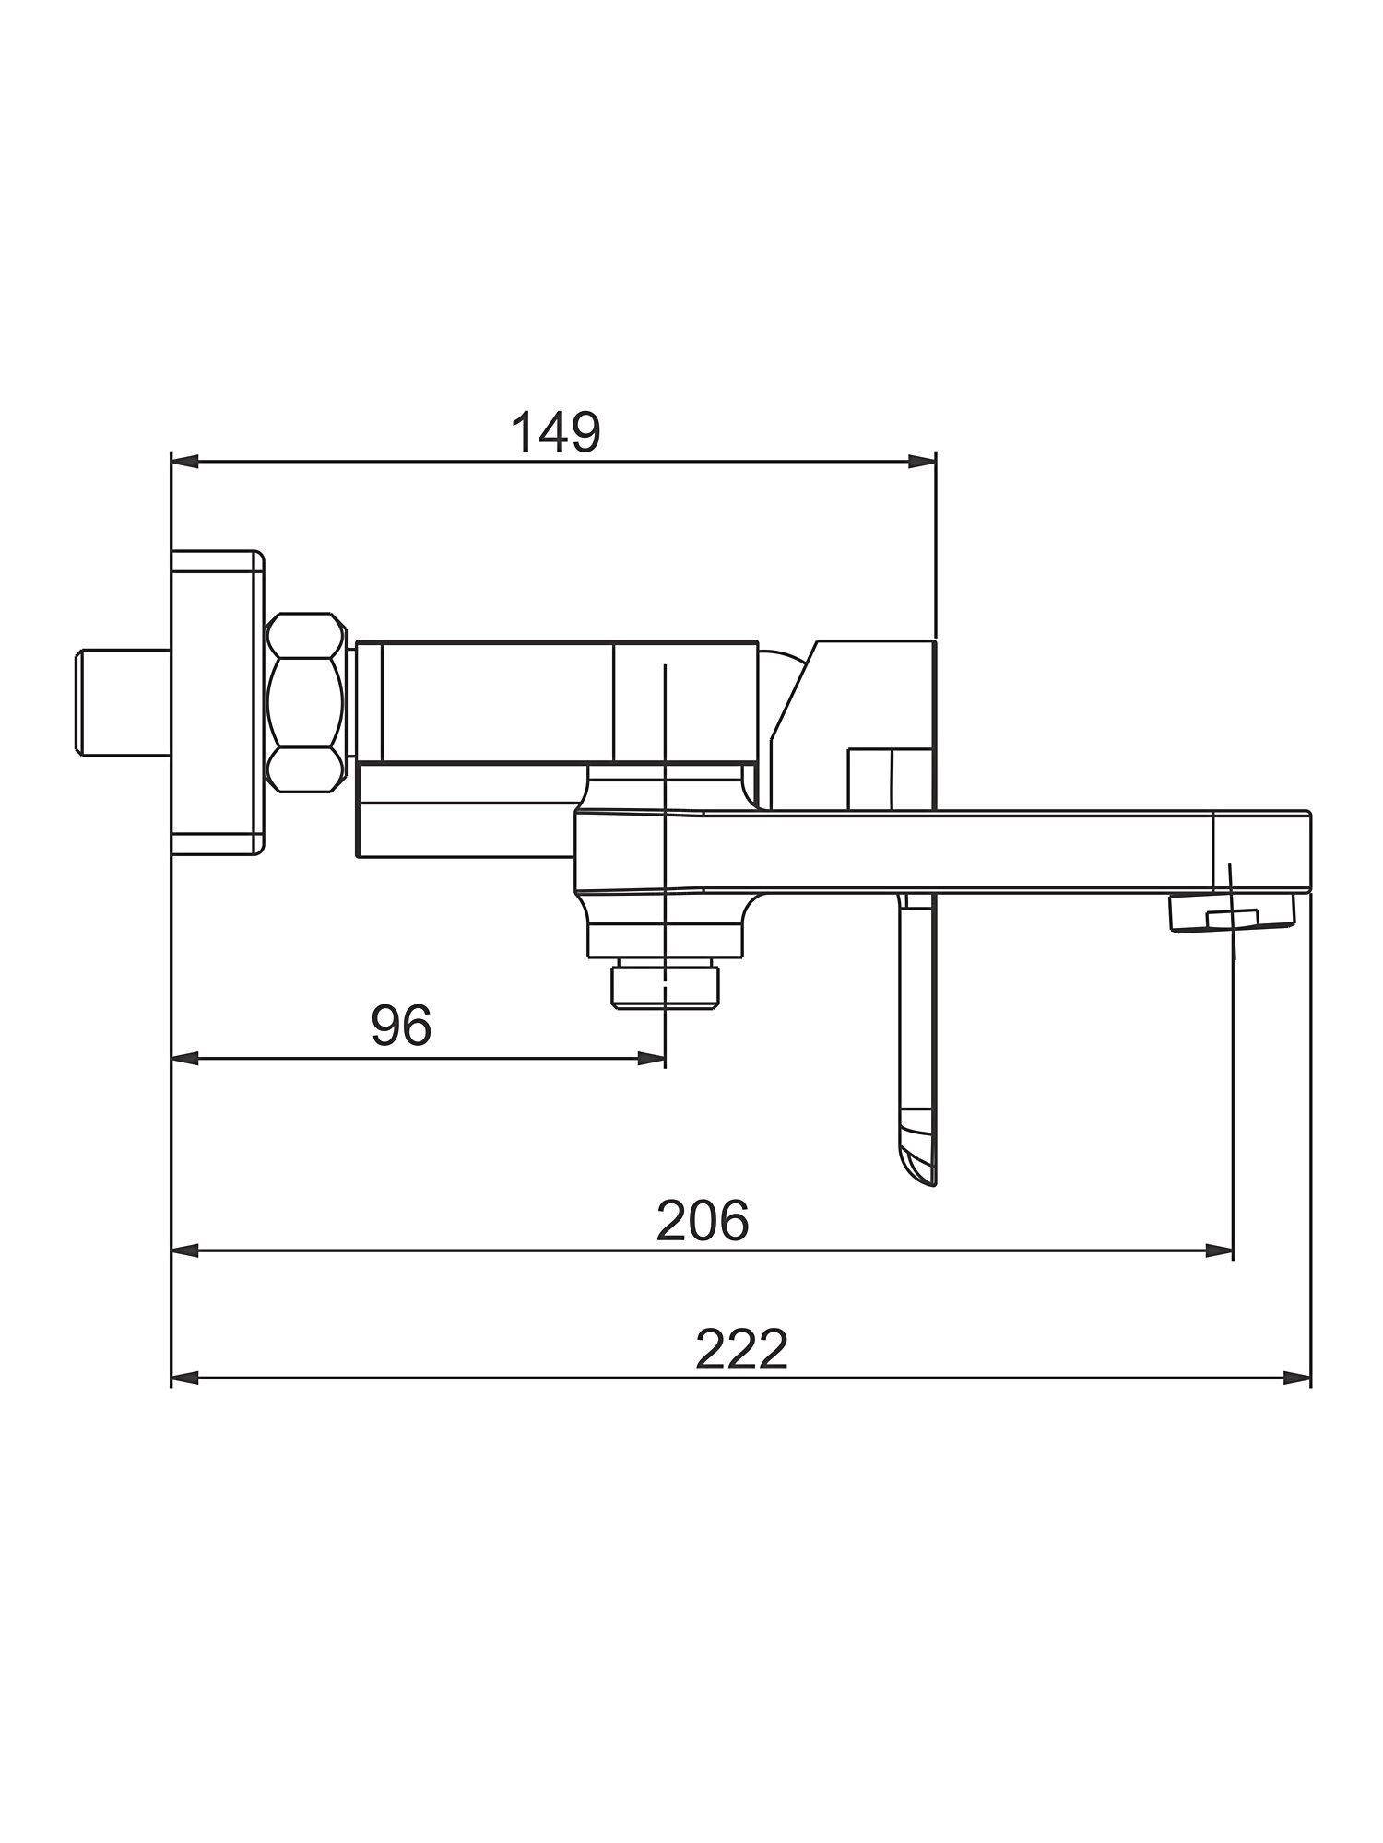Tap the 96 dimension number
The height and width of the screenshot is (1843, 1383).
tap(401, 1025)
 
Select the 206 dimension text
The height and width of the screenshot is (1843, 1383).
tap(703, 1221)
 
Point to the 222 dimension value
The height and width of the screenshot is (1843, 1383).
tap(741, 1350)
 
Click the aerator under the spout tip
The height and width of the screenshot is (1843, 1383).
tap(1232, 914)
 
